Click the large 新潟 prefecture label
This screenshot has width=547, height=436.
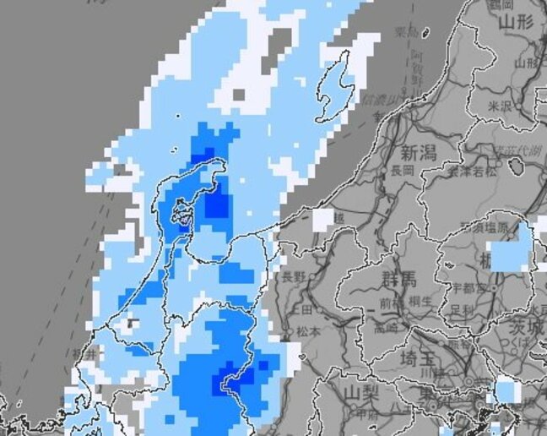(417, 153)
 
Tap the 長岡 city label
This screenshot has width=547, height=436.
(401, 170)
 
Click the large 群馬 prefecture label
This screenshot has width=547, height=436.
(398, 280)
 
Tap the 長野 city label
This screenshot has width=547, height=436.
(294, 276)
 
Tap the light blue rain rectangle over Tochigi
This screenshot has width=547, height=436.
(511, 254)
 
